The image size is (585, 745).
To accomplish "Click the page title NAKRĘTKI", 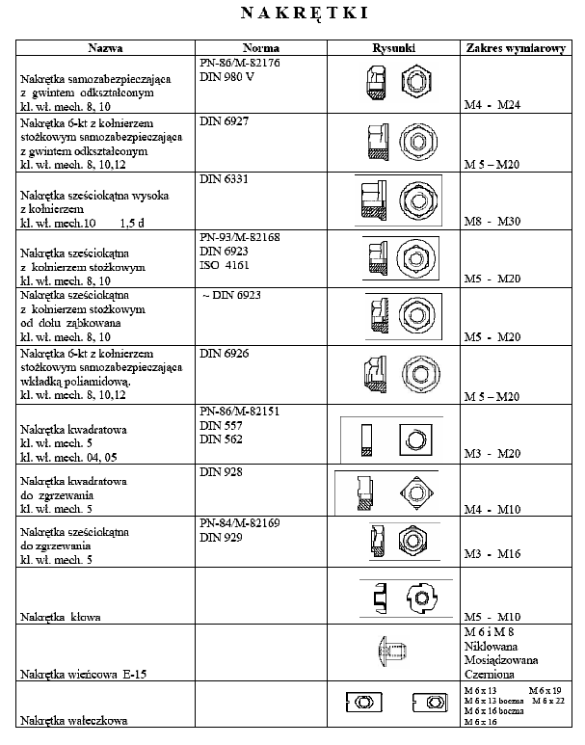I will coord(294,13).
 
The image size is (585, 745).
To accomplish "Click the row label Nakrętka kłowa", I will coord(66,615).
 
